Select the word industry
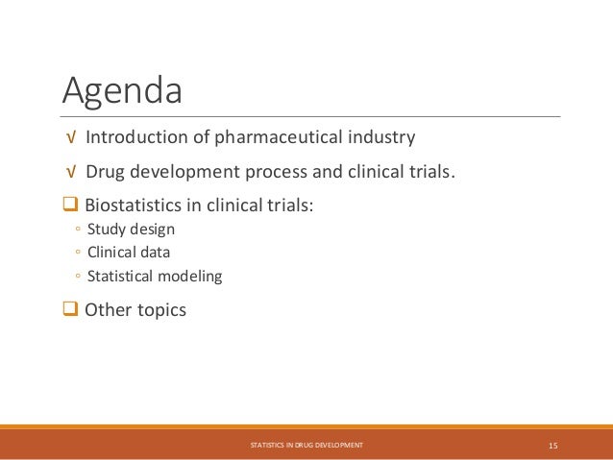[x=383, y=137]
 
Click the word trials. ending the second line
[x=425, y=172]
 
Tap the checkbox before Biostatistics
[x=71, y=205]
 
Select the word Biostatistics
[x=135, y=205]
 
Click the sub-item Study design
[x=131, y=229]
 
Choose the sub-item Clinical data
[x=130, y=253]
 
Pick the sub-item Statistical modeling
[x=154, y=277]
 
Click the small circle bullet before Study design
[x=76, y=230]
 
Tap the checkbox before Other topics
[x=71, y=310]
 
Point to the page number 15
[x=553, y=446]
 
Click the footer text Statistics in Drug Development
[x=306, y=446]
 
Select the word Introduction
[x=137, y=137]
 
